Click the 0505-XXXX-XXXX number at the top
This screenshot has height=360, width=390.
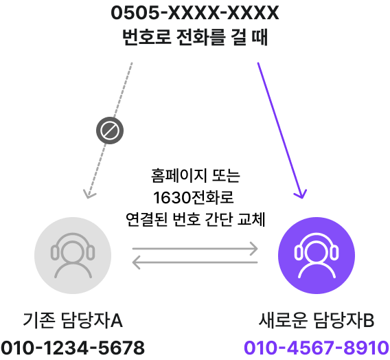click(x=195, y=12)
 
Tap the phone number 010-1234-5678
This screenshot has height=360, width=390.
click(x=73, y=348)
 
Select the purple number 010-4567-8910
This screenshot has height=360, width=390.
click(x=317, y=348)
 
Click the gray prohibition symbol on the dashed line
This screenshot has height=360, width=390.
click(x=110, y=131)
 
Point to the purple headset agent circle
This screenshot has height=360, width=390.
click(x=317, y=256)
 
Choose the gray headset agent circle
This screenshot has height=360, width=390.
click(x=73, y=256)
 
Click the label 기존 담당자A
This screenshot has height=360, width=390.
click(x=73, y=320)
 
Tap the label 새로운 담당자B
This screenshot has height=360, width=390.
click(x=317, y=320)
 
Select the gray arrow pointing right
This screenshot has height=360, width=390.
click(x=195, y=248)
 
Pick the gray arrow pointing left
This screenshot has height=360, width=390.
click(x=195, y=262)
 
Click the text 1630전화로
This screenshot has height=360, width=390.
click(x=194, y=198)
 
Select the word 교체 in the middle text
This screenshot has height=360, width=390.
click(x=251, y=219)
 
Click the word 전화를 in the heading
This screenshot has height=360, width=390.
click(x=201, y=37)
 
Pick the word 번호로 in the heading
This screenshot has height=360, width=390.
click(x=147, y=37)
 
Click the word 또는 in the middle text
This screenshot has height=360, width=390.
click(x=226, y=176)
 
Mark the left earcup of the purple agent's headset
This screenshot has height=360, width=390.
click(x=299, y=252)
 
